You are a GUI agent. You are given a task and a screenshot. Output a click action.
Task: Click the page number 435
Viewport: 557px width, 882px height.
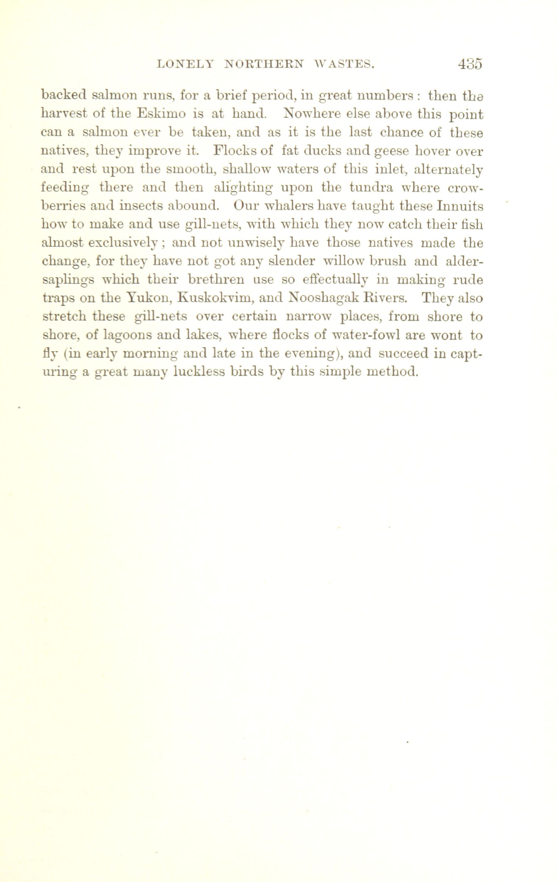pos(470,64)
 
